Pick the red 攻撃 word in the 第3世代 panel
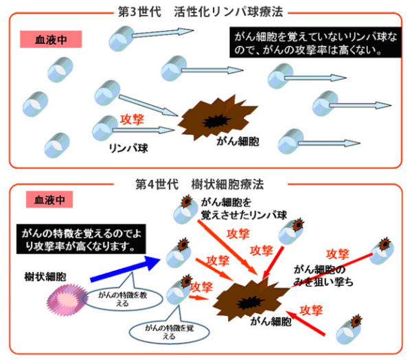coord(132,119)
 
